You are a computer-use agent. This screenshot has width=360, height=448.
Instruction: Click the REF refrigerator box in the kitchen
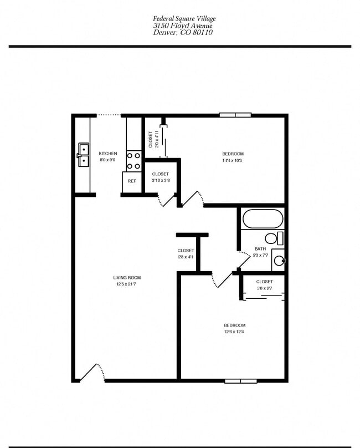click(132, 181)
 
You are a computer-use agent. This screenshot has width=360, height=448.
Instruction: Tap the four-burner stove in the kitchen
click(133, 160)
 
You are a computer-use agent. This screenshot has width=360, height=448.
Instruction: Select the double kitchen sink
click(84, 155)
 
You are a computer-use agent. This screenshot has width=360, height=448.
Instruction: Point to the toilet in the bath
click(272, 239)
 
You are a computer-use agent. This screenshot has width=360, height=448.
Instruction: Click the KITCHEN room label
click(108, 154)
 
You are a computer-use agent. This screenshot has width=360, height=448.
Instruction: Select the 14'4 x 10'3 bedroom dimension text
click(233, 161)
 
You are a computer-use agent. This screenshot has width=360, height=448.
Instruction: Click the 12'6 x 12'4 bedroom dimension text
click(234, 332)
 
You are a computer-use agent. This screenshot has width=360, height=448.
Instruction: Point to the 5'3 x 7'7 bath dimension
click(260, 256)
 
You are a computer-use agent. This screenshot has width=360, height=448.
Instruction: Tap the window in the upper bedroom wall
click(235, 115)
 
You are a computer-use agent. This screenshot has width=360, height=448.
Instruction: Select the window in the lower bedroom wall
click(240, 381)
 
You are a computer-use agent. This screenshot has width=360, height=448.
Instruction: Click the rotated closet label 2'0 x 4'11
click(153, 139)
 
